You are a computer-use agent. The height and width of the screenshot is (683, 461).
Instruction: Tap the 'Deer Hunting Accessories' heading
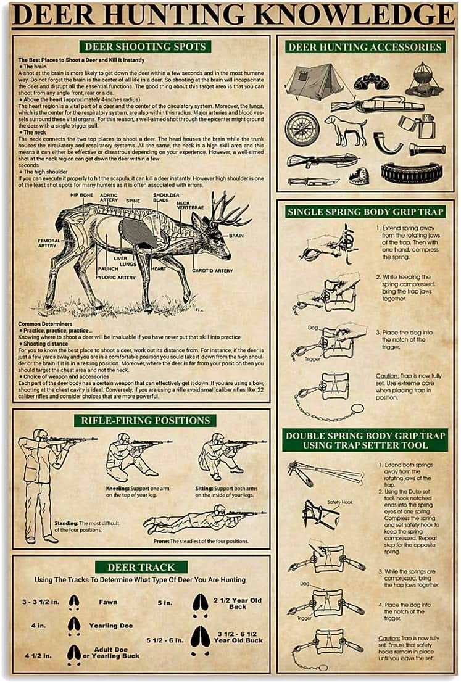tap(365, 46)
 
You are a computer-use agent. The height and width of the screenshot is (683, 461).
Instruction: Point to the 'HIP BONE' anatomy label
tap(81, 196)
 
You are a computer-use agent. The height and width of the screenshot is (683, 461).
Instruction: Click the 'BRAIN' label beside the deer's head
tap(236, 235)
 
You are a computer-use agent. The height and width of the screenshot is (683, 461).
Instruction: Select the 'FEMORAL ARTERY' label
tap(49, 244)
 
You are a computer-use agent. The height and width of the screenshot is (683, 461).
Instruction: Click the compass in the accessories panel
tap(302, 129)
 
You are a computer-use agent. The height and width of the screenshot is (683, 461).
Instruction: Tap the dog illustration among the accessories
tap(345, 130)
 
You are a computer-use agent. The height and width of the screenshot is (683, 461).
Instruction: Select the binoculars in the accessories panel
tap(372, 81)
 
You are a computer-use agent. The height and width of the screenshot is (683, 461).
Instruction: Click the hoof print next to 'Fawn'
tap(74, 602)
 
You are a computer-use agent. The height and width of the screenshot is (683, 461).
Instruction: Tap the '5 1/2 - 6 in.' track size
tap(164, 640)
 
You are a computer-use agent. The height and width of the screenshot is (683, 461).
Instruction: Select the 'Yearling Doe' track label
tap(110, 626)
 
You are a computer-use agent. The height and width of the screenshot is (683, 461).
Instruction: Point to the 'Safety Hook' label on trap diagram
tap(339, 502)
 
